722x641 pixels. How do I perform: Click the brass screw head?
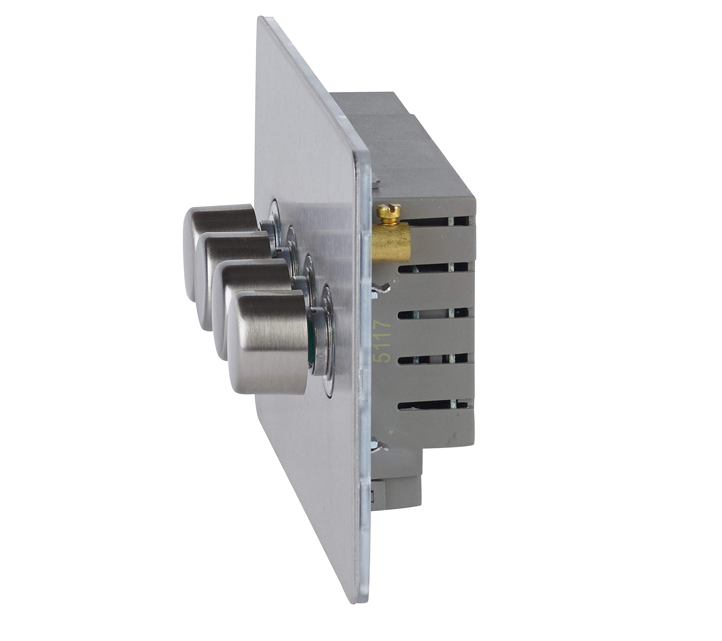pyautogui.click(x=388, y=212)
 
